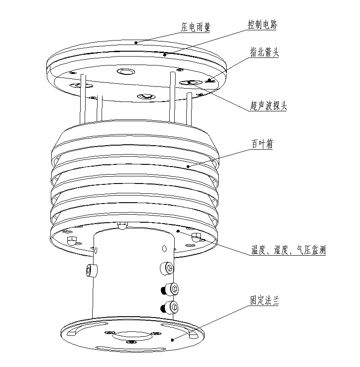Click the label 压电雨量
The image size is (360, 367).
[196, 27]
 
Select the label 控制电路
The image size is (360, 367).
[262, 24]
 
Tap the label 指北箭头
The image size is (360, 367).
[264, 52]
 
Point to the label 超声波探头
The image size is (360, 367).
[268, 105]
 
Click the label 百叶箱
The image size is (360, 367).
[262, 144]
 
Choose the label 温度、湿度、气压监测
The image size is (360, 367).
[288, 250]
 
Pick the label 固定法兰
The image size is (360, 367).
[265, 300]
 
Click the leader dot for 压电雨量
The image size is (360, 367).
[136, 42]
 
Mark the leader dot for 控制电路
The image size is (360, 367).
[165, 55]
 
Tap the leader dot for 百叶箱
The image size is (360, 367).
[188, 167]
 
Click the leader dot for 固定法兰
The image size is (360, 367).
[172, 340]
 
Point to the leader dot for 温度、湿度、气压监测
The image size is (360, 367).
[178, 231]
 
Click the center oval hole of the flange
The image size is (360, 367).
[132, 336]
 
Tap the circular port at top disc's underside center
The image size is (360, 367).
[126, 71]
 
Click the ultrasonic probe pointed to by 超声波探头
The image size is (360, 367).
[191, 82]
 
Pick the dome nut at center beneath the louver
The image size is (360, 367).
[123, 225]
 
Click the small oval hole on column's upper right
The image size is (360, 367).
[164, 249]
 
